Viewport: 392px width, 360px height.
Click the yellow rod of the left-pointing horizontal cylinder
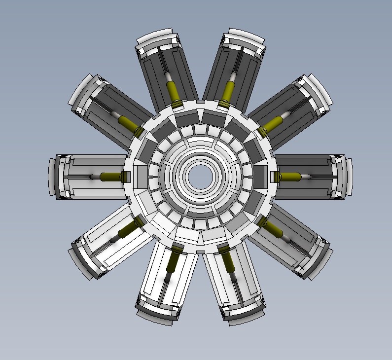(x=109, y=177)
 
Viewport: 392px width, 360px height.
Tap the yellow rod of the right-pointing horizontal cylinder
(x=289, y=177)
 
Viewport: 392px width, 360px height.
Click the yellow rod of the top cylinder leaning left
(x=173, y=91)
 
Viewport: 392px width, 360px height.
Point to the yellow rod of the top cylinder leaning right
(x=228, y=91)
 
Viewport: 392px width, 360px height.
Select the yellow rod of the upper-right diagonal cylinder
(x=272, y=124)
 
